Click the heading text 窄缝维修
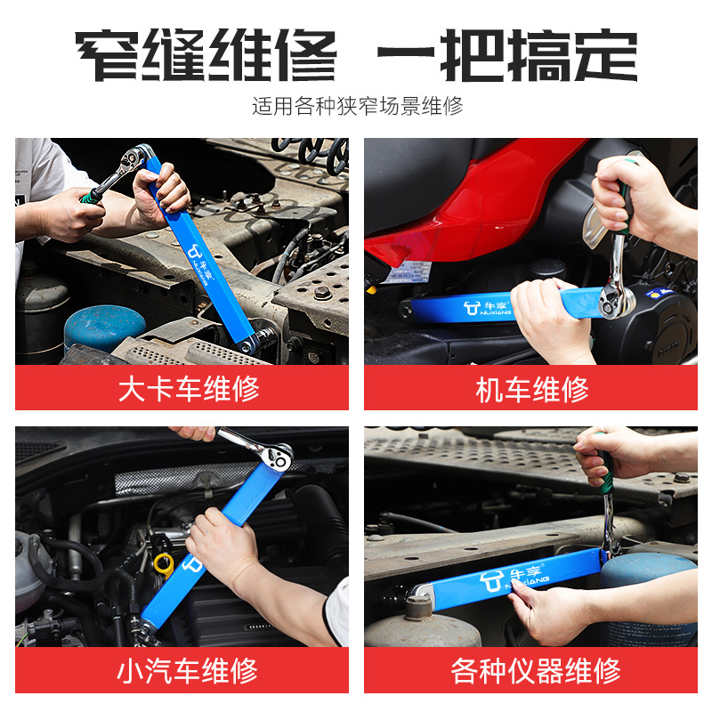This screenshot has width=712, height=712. coord(206,55)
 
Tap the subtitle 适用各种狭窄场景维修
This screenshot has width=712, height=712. coord(357,107)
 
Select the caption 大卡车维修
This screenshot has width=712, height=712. coord(182,389)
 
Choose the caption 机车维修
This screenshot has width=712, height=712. coord(531,389)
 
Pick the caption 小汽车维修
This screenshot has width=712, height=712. coord(182,670)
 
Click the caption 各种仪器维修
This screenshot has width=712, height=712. coord(531,670)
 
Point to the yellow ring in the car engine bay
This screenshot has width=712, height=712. coord(163,562)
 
